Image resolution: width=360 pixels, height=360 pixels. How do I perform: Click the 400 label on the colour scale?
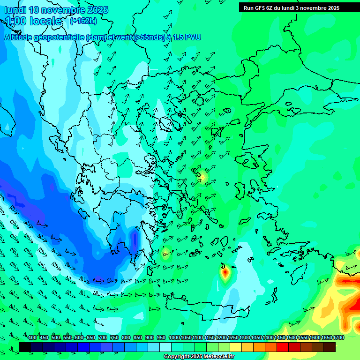click(x=32, y=337)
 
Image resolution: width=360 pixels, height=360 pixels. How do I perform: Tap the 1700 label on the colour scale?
click(x=338, y=337)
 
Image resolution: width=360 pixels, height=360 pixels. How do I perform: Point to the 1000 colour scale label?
click(x=174, y=337)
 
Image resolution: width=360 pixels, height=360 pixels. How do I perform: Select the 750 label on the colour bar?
click(x=114, y=337)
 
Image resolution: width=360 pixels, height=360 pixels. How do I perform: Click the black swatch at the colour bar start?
click(x=25, y=347)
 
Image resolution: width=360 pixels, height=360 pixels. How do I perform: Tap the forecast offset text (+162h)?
click(x=83, y=21)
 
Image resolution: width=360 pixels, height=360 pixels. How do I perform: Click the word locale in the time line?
click(x=44, y=21)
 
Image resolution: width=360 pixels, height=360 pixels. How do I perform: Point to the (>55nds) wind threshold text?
click(x=149, y=37)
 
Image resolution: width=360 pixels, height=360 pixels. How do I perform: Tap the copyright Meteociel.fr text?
click(x=199, y=356)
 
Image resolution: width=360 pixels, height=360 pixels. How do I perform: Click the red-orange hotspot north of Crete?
click(x=225, y=271)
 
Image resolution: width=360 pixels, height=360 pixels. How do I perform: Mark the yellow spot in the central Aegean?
click(x=203, y=177)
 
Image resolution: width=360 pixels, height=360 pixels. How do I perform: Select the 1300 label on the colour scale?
click(x=245, y=337)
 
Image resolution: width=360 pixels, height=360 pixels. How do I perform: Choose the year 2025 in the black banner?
click(x=333, y=7)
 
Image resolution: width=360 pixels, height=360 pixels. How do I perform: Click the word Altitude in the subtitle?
click(x=19, y=37)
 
